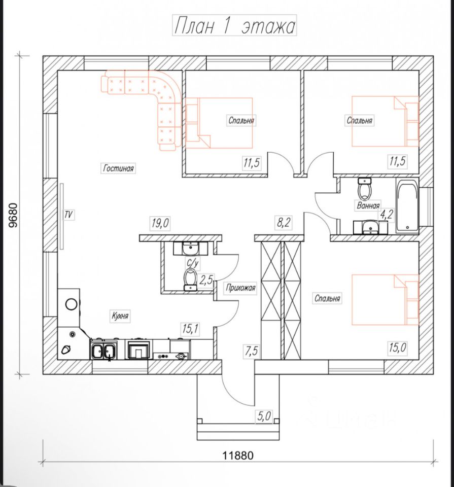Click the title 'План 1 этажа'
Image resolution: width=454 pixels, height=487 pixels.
point(234,26)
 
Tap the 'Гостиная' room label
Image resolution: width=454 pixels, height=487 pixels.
point(118,168)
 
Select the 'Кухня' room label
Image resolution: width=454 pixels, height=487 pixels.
point(120,316)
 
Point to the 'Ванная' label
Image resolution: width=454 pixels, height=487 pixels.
point(368,205)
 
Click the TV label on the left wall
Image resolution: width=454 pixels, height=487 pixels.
point(68,214)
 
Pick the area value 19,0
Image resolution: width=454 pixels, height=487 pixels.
point(160,223)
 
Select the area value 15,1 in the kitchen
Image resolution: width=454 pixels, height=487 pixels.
point(191,329)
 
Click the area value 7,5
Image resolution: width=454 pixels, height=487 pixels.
point(251,351)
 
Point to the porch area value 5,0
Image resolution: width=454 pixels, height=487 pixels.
point(264,416)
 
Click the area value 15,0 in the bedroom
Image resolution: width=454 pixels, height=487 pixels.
point(398,347)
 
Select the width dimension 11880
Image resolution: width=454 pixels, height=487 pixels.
point(238,456)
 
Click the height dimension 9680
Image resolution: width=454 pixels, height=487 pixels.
point(14,216)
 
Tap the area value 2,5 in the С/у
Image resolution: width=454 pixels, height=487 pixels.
point(206,281)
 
